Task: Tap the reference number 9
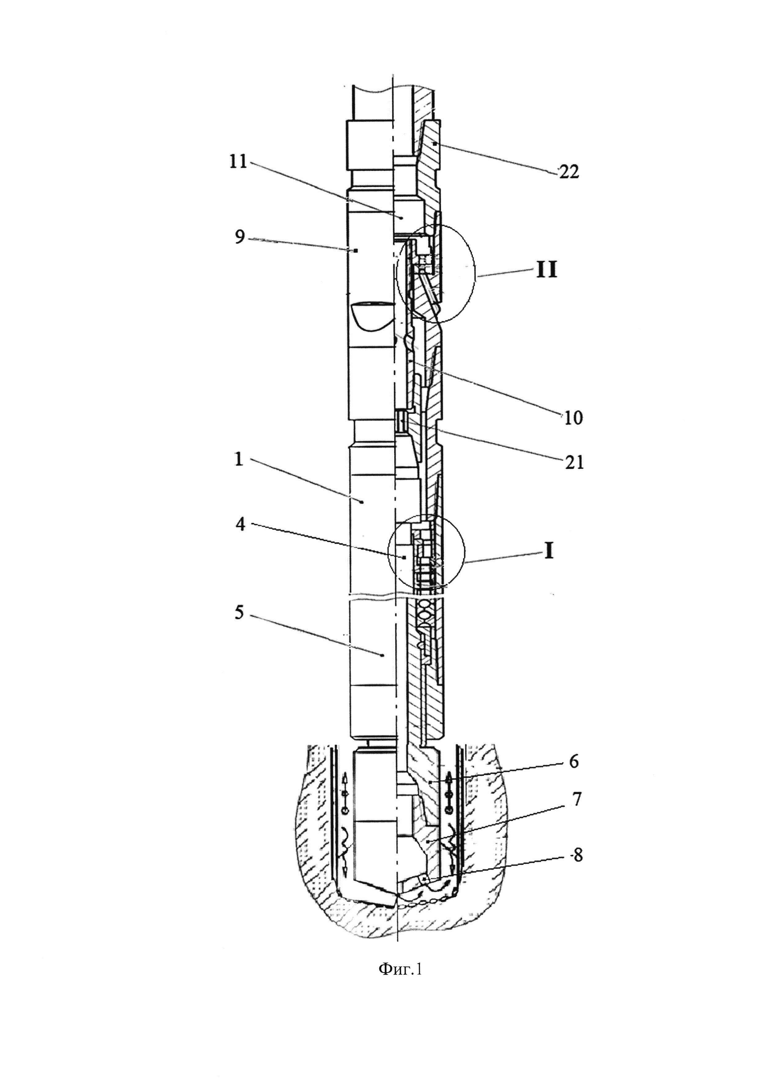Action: (240, 237)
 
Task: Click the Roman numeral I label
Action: (549, 551)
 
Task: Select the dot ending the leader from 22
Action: (435, 142)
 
